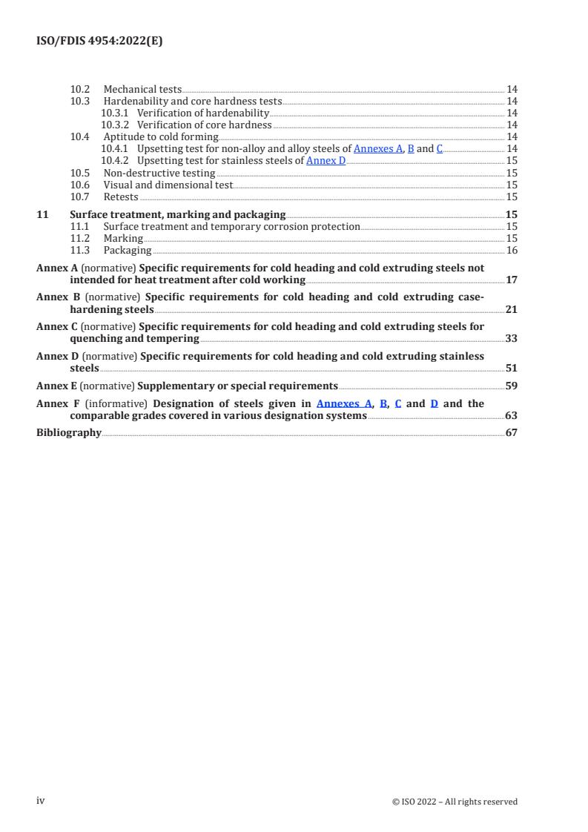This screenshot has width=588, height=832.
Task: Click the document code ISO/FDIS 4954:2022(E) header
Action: [x=99, y=42]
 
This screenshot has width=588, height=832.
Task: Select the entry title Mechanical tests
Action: [x=142, y=90]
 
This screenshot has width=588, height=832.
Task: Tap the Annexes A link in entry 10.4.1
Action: [x=378, y=148]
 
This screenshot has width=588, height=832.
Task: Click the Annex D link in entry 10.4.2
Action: [x=326, y=160]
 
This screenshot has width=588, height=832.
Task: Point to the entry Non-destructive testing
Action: [x=159, y=174]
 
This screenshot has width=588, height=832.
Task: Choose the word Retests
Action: [x=121, y=197]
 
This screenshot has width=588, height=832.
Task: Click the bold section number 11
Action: [x=42, y=215]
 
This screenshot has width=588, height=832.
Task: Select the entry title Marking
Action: [x=123, y=239]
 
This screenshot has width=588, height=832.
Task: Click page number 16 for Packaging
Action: [x=512, y=251]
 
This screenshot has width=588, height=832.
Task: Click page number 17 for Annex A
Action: [x=511, y=280]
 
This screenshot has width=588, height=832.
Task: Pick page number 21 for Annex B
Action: [x=511, y=309]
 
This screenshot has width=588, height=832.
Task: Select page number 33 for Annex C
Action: [x=511, y=339]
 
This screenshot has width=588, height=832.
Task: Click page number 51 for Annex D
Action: [x=511, y=368]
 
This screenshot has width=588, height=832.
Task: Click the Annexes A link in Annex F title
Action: [x=343, y=404]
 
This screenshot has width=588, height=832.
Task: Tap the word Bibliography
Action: [x=69, y=433]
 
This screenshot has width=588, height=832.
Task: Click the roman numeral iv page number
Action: [x=42, y=801]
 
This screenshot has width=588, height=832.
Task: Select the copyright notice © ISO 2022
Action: [x=455, y=802]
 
